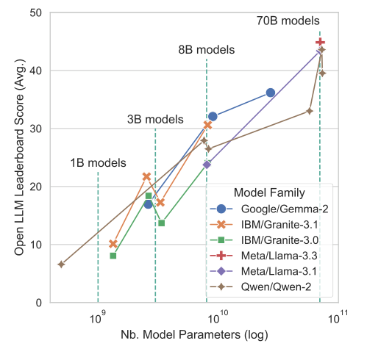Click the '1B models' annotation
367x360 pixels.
(x=99, y=163)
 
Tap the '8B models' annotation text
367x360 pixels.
(x=206, y=50)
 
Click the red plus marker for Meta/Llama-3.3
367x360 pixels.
(x=321, y=43)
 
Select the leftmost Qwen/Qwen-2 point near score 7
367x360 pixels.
(x=61, y=264)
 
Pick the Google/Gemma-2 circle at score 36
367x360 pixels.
(x=271, y=93)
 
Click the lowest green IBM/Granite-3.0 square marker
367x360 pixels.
(x=113, y=256)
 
